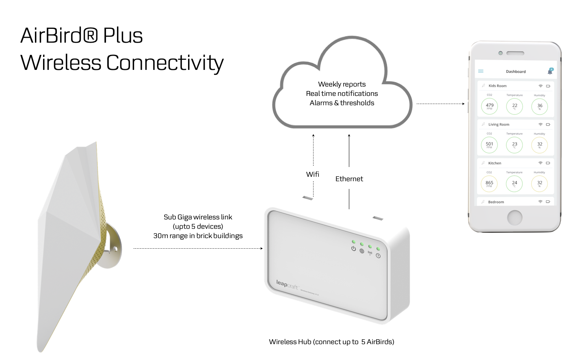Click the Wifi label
pyautogui.click(x=313, y=174)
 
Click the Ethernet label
pyautogui.click(x=349, y=179)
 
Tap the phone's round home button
pyautogui.click(x=515, y=217)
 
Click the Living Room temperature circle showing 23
pyautogui.click(x=515, y=145)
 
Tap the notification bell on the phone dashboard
pyautogui.click(x=550, y=71)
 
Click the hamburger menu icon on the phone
pyautogui.click(x=481, y=71)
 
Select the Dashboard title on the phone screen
pyautogui.click(x=516, y=72)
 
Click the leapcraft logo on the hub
pyautogui.click(x=287, y=284)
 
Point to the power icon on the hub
pyautogui.click(x=354, y=249)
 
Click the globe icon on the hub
pyautogui.click(x=362, y=251)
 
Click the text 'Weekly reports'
pyautogui.click(x=342, y=84)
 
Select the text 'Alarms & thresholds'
pyautogui.click(x=342, y=103)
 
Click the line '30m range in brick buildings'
pyautogui.click(x=198, y=236)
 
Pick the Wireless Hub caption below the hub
pyautogui.click(x=331, y=342)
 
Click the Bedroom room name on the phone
pyautogui.click(x=496, y=202)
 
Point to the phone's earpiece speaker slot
pyautogui.click(x=515, y=53)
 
